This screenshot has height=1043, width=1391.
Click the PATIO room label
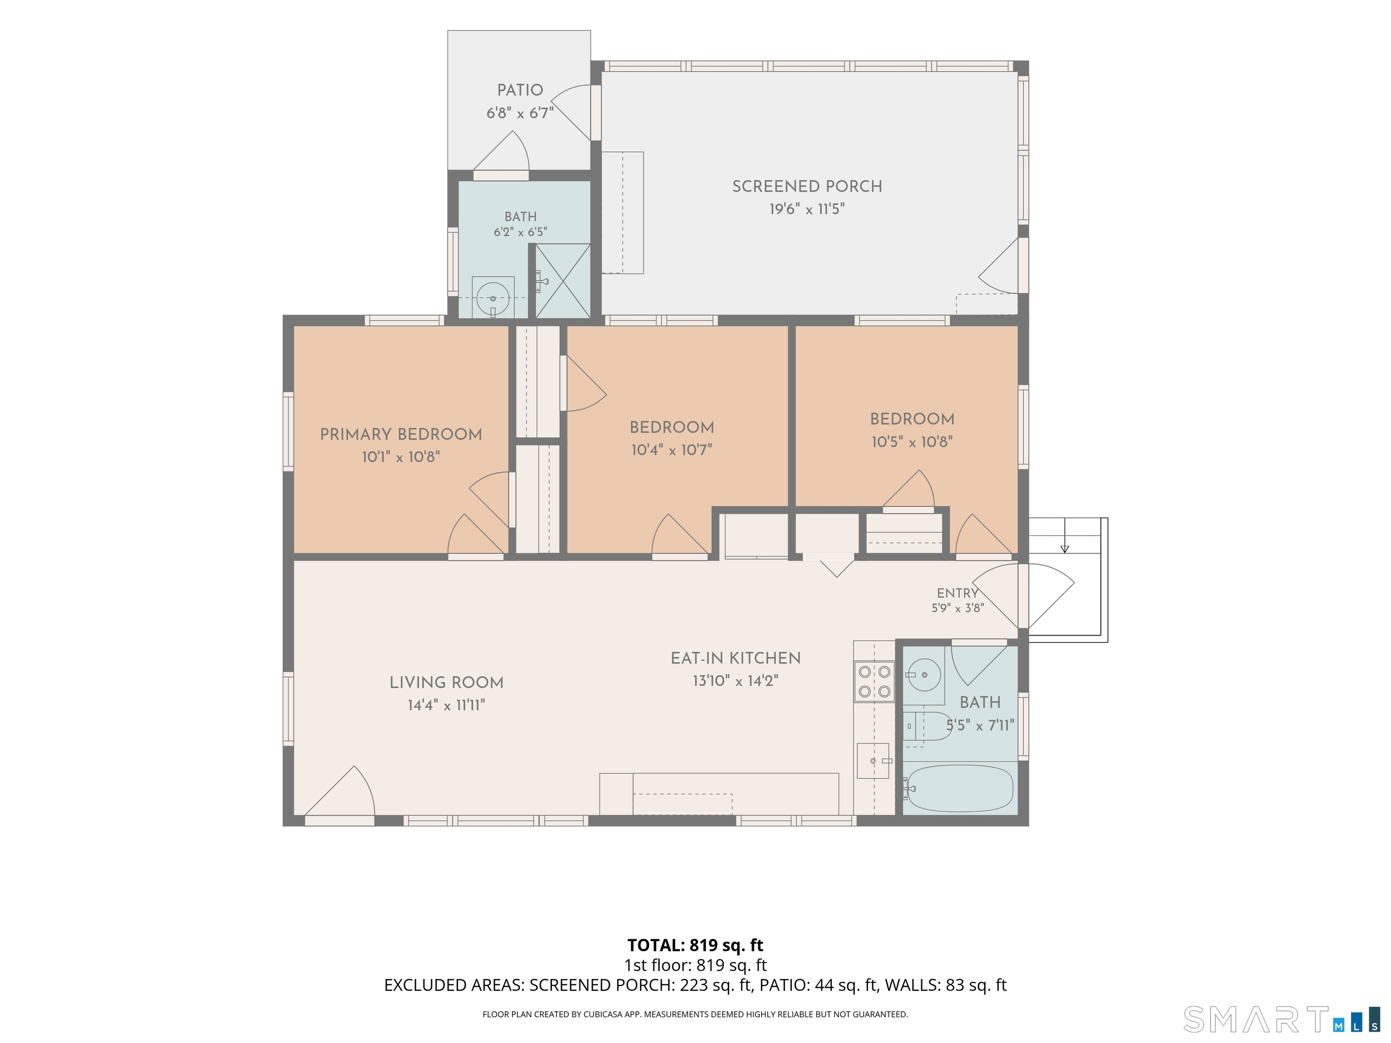(520, 90)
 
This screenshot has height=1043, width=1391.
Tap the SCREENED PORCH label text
(807, 186)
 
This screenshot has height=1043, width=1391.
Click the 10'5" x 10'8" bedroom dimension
(912, 441)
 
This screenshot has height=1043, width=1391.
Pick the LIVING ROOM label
(446, 682)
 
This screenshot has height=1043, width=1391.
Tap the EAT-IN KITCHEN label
(736, 658)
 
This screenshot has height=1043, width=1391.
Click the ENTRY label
(957, 593)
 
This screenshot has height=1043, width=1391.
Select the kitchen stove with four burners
(874, 681)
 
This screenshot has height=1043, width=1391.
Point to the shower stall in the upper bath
(563, 281)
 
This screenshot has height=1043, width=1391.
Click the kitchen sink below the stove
(873, 761)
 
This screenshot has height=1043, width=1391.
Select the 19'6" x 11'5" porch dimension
(807, 209)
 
